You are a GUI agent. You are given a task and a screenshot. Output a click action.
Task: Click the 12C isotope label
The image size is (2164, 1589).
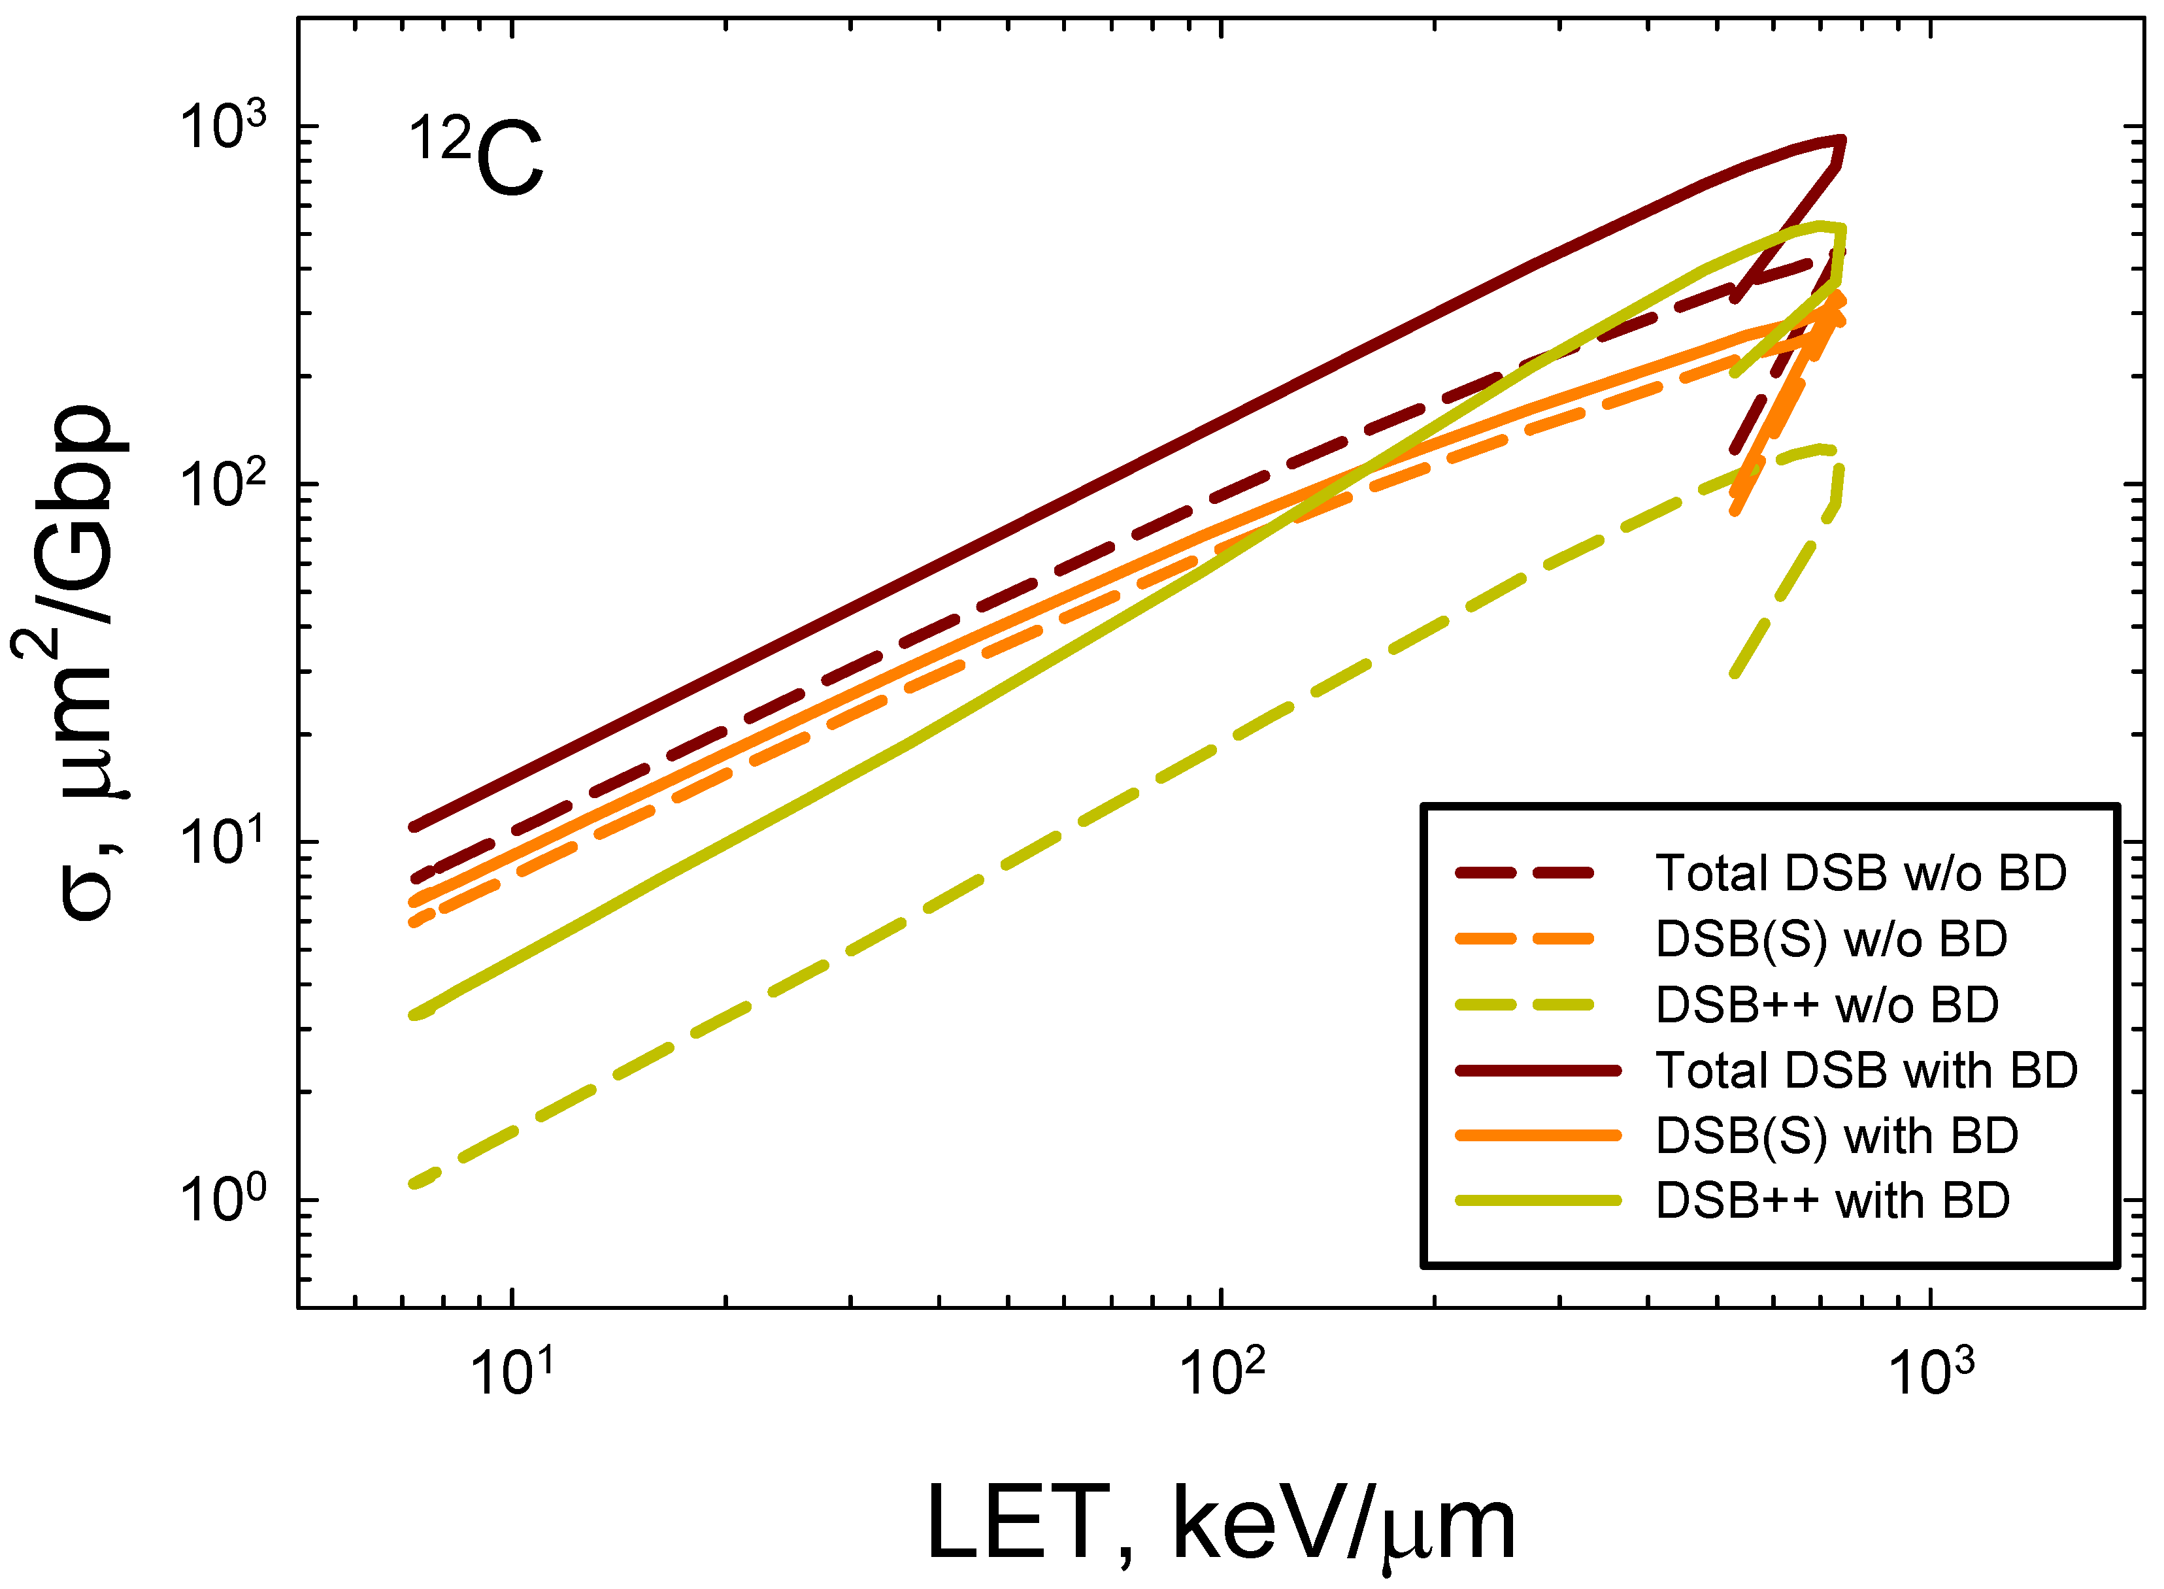click(x=477, y=157)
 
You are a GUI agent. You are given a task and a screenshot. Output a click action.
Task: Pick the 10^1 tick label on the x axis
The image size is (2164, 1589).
click(x=512, y=1371)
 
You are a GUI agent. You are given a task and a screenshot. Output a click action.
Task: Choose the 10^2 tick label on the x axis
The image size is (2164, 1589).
click(x=1222, y=1371)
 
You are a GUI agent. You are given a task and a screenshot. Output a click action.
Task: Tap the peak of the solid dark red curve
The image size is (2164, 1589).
click(x=1840, y=139)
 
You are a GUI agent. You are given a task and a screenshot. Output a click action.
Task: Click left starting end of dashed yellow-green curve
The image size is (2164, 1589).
click(x=414, y=1184)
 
